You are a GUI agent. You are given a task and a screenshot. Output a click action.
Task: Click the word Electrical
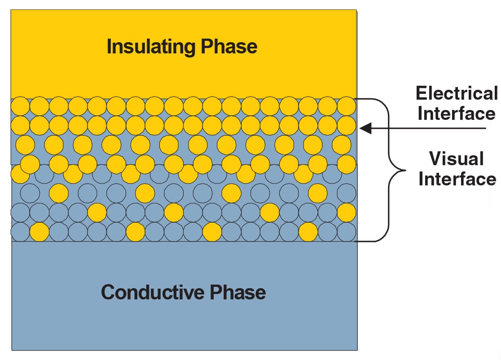click(x=457, y=93)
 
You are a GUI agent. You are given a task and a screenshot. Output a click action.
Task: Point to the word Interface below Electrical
click(x=457, y=113)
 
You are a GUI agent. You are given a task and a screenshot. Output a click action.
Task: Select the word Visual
click(x=457, y=159)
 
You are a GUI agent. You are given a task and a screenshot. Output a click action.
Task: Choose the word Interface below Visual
click(x=457, y=179)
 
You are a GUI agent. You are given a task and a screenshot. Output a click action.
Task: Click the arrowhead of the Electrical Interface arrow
click(x=365, y=129)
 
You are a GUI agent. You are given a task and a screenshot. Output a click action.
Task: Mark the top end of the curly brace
click(x=357, y=99)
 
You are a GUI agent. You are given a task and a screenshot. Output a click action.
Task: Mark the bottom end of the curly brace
click(x=357, y=241)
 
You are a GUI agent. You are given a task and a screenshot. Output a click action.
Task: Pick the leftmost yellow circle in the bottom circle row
click(x=39, y=232)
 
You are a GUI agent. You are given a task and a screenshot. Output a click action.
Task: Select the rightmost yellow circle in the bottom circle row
click(x=308, y=232)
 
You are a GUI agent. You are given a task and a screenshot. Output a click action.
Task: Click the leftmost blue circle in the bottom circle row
click(x=20, y=232)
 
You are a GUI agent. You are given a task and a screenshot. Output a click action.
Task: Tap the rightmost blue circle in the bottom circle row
click(x=347, y=232)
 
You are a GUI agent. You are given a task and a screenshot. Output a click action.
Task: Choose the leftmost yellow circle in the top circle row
click(x=20, y=106)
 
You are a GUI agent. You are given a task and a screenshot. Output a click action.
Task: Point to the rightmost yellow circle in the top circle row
click(x=347, y=106)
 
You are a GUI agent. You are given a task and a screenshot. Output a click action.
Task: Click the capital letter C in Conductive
click(x=109, y=292)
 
